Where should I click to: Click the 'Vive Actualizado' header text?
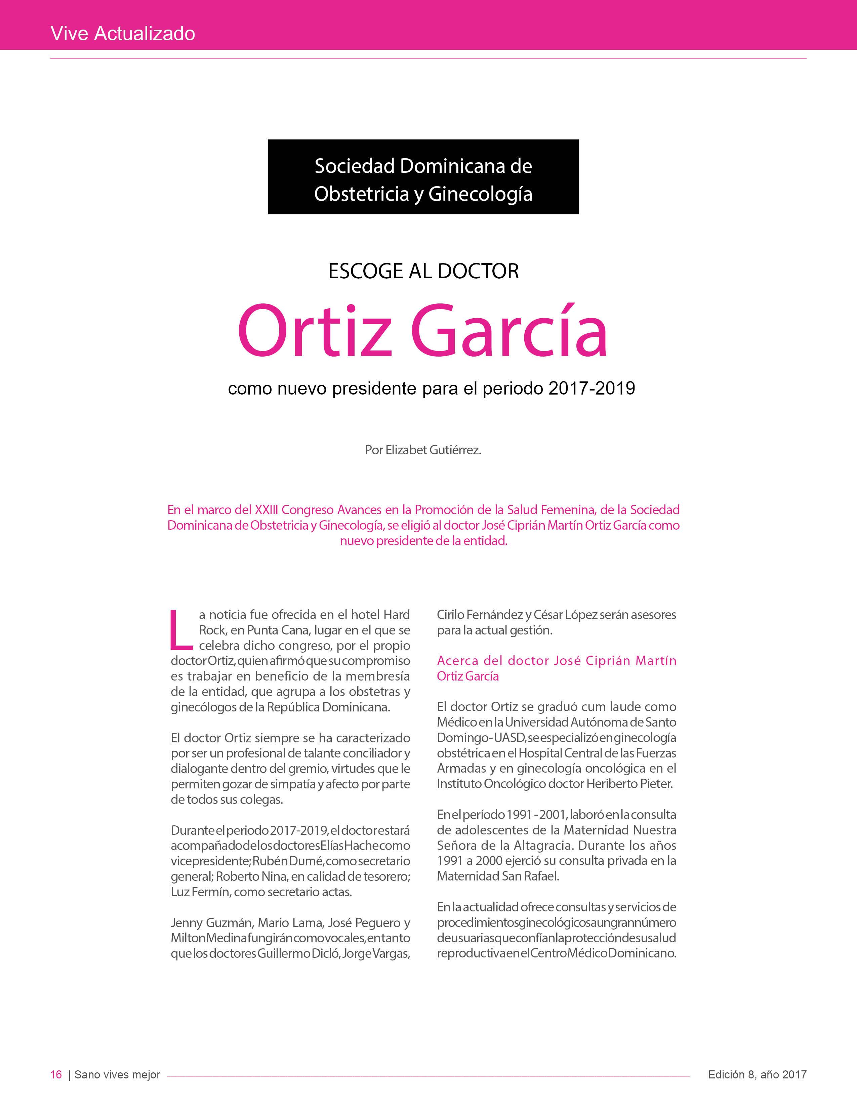point(123,34)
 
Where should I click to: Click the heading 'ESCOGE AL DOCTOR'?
point(423,271)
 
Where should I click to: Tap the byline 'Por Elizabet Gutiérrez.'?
point(423,450)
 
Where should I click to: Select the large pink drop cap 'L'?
point(181,630)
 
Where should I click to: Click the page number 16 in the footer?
point(56,1074)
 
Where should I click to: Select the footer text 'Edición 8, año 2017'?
point(757,1074)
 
